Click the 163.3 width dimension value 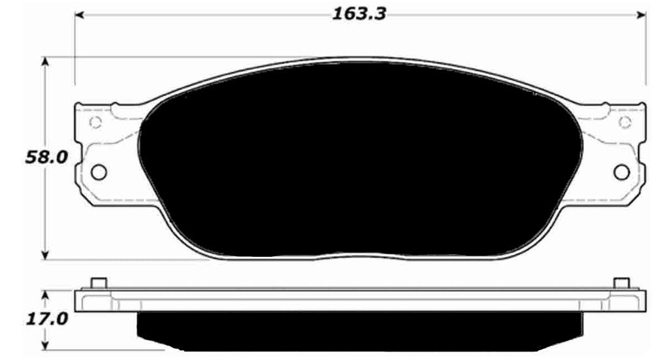pos(359,14)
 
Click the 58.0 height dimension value pos(46,157)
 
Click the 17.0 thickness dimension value pos(46,319)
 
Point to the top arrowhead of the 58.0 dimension pos(46,62)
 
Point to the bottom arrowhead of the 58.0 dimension pos(46,254)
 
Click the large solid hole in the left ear pos(99,172)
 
